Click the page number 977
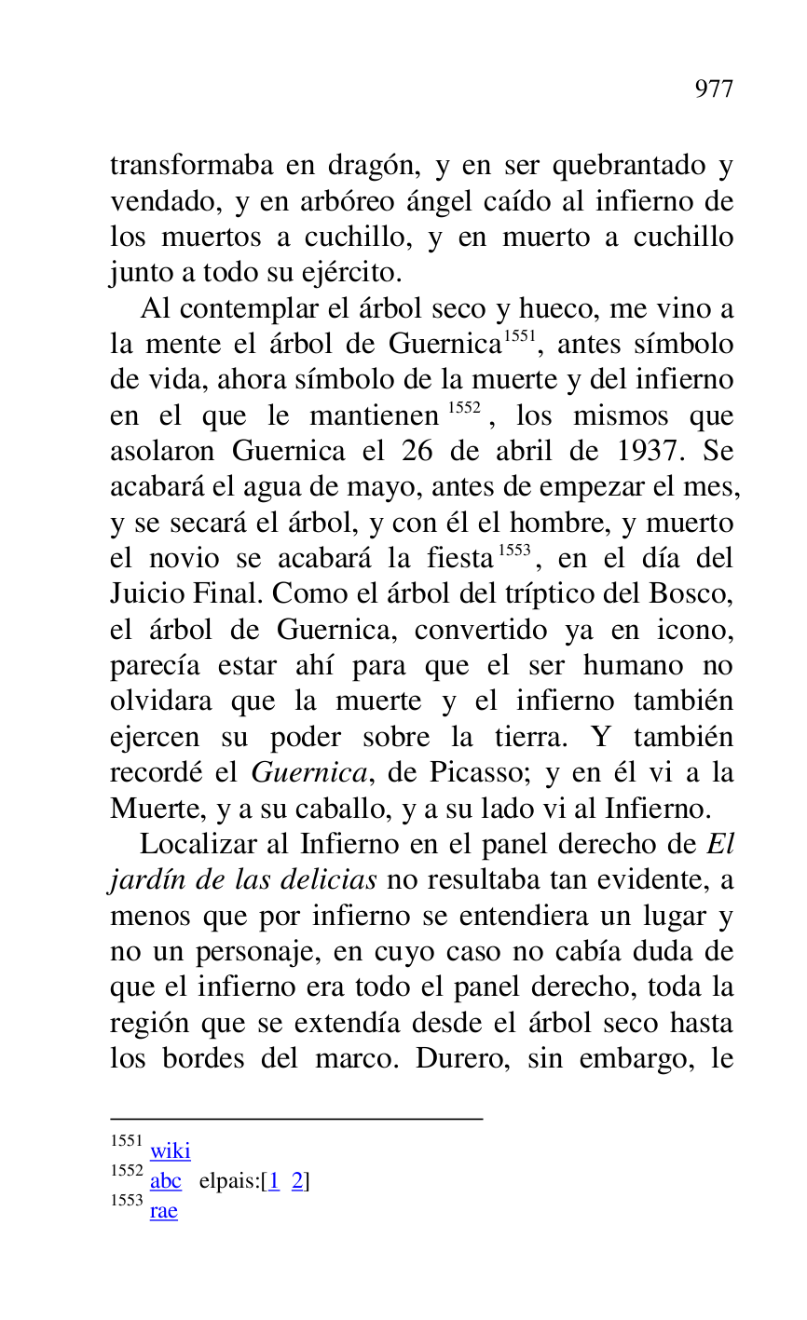pyautogui.click(x=714, y=89)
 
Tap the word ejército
pyautogui.click(x=356, y=273)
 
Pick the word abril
pyautogui.click(x=512, y=451)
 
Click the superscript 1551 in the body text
pyautogui.click(x=518, y=336)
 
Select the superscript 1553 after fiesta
pyautogui.click(x=513, y=551)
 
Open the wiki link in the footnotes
pyautogui.click(x=170, y=1151)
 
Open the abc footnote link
pyautogui.click(x=166, y=1181)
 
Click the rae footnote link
pyautogui.click(x=163, y=1211)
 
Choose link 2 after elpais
pyautogui.click(x=297, y=1181)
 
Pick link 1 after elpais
pyautogui.click(x=274, y=1181)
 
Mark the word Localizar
pyautogui.click(x=197, y=845)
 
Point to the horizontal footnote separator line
pyautogui.click(x=296, y=1118)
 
